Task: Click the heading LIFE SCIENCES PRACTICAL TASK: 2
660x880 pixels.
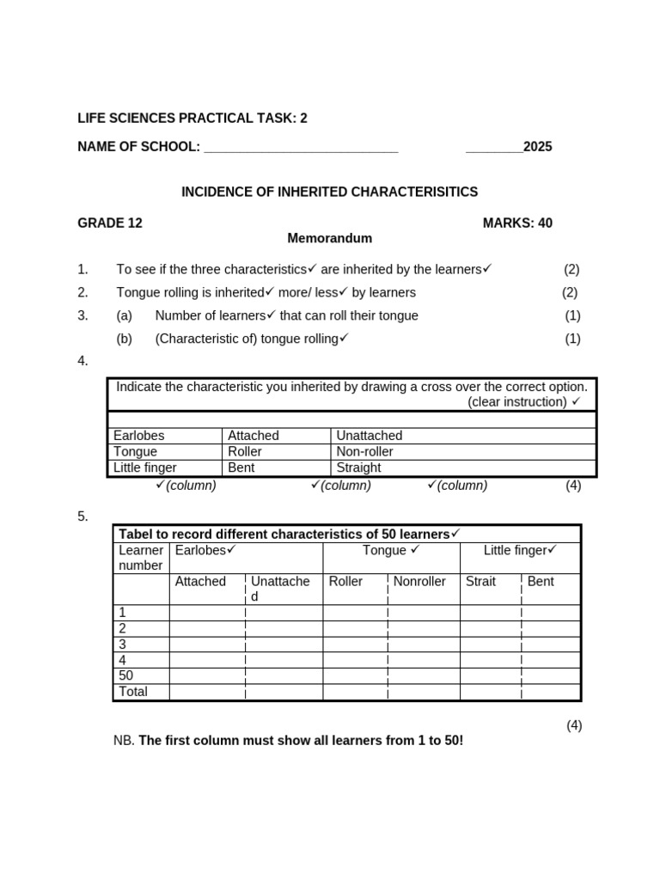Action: coord(192,119)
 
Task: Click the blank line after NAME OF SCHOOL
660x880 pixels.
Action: coord(301,148)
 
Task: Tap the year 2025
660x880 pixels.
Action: coord(537,147)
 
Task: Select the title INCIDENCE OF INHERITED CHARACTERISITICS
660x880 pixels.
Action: coord(329,192)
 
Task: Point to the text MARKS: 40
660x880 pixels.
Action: coord(517,223)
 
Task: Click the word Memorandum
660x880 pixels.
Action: coord(329,238)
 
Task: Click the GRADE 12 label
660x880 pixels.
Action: coord(110,223)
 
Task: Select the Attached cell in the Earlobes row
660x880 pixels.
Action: coord(254,436)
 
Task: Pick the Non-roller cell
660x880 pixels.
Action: coord(364,452)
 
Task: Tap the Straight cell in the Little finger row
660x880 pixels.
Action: coord(358,468)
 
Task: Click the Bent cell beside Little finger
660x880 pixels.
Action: coord(241,468)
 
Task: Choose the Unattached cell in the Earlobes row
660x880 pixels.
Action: coord(370,436)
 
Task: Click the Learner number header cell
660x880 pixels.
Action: coord(141,558)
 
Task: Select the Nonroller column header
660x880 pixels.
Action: coord(419,582)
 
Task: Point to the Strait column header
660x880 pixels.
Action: coord(480,582)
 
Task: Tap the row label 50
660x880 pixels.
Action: coord(126,675)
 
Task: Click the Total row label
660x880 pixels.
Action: coord(133,692)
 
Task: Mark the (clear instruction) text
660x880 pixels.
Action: coord(517,402)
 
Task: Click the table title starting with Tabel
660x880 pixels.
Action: coord(284,534)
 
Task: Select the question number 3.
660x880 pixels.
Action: coord(82,315)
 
